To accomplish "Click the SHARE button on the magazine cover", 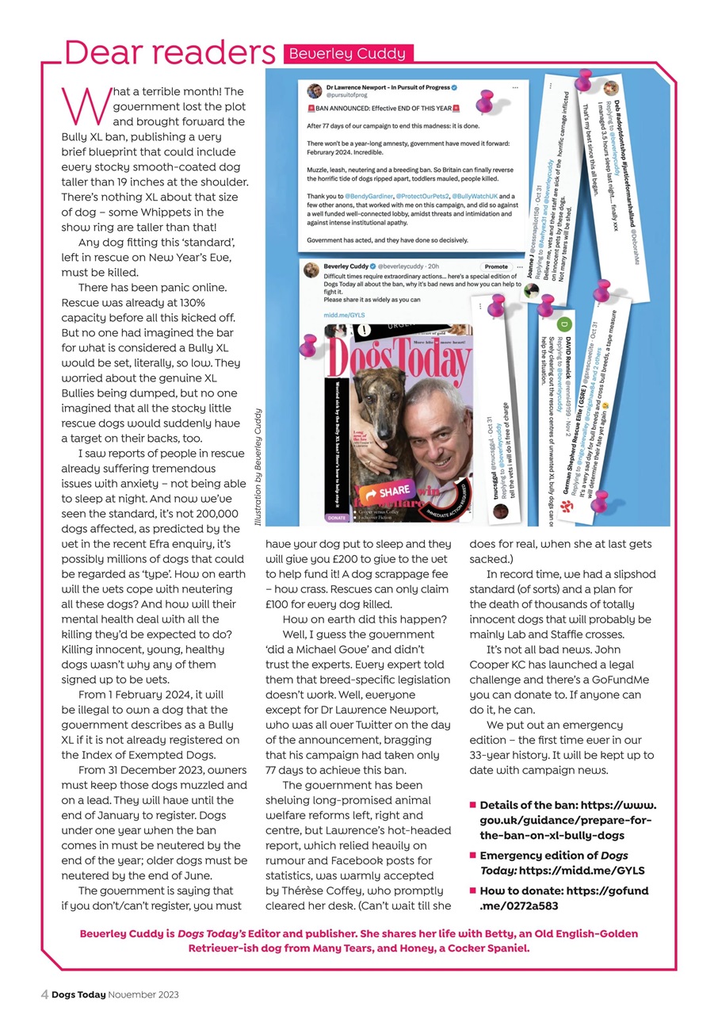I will (x=386, y=492).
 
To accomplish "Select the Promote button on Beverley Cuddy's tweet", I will (x=495, y=266).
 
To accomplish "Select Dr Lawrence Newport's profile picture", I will (x=314, y=91).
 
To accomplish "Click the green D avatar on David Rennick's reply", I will (x=563, y=324).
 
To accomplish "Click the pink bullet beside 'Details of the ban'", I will (x=472, y=806).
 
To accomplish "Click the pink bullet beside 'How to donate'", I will (x=472, y=891).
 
